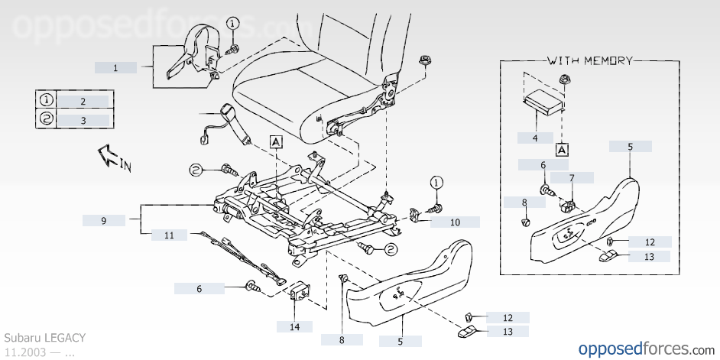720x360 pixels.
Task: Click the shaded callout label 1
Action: tap(115, 68)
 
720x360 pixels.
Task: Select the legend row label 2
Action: tap(83, 102)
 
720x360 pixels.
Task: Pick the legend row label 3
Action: tap(83, 121)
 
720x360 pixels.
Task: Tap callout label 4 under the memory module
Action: tap(535, 138)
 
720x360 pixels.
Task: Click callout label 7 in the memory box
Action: tap(572, 177)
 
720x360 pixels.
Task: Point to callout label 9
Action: tap(104, 220)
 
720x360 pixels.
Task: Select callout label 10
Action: tap(455, 222)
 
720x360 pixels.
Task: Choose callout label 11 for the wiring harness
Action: tap(170, 235)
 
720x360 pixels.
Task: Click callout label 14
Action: tap(294, 327)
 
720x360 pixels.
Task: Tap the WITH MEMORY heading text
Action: tap(590, 60)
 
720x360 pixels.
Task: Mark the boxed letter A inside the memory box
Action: tap(563, 150)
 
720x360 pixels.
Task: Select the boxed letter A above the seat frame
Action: tap(275, 142)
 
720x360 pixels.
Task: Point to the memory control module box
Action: tap(543, 103)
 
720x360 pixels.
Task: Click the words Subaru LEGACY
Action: tap(45, 338)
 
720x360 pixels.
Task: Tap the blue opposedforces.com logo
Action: tap(647, 349)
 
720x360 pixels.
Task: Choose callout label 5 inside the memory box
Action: tap(631, 147)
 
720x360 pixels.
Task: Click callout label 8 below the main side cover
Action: tap(342, 340)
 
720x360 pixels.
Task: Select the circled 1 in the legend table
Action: tap(47, 99)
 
